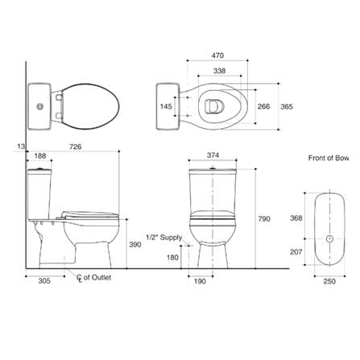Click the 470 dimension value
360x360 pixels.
217,56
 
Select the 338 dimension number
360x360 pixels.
219,71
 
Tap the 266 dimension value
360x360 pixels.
263,106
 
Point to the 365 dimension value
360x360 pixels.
287,106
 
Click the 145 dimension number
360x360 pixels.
166,106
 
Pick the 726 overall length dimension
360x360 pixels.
76,147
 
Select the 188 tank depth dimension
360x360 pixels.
40,155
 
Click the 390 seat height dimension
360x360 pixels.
135,245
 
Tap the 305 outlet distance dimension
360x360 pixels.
44,281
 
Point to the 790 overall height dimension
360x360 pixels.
264,219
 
